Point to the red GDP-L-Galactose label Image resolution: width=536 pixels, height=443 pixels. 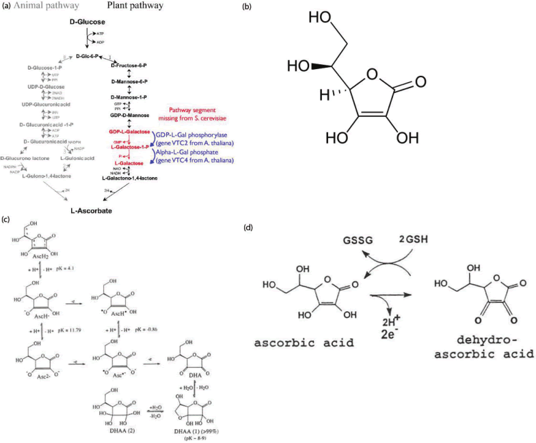click(x=128, y=130)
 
